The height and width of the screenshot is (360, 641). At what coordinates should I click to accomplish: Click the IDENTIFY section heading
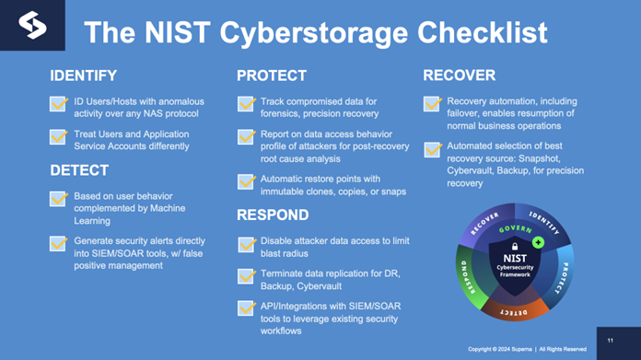[83, 75]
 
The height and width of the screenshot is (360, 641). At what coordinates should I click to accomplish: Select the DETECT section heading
[78, 170]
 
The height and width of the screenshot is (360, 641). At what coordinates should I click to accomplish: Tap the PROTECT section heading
[272, 75]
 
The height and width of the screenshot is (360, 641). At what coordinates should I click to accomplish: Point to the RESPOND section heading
[273, 215]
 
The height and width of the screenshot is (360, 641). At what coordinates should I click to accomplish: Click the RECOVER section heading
[460, 75]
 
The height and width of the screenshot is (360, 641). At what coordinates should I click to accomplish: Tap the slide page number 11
[610, 340]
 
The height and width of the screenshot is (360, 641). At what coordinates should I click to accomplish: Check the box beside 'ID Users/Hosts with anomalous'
[59, 104]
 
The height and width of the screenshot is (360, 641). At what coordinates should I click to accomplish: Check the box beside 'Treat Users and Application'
[59, 137]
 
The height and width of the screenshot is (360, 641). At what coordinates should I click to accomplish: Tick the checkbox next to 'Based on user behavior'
[59, 199]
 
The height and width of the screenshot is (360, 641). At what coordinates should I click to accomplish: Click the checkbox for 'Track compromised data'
[246, 104]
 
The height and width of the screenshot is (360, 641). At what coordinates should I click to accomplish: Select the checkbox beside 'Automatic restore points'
[246, 181]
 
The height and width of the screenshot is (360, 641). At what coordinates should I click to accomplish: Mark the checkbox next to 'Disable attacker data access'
[246, 245]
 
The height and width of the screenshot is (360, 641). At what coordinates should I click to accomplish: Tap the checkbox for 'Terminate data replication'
[246, 276]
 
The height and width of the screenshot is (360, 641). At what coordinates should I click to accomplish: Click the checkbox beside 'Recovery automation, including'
[432, 104]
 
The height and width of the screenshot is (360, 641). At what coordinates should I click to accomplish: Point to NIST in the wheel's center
[515, 248]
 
